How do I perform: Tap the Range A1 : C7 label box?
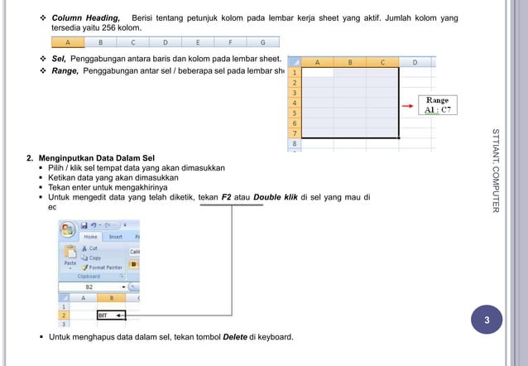tap(437, 105)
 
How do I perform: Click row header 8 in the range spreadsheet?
tap(294, 142)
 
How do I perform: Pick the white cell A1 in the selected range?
tap(319, 72)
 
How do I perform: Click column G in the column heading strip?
tap(263, 41)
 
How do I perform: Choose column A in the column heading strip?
tap(68, 41)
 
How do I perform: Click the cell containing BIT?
tap(110, 315)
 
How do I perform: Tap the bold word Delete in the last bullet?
tap(236, 337)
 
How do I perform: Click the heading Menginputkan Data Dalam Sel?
tap(102, 157)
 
